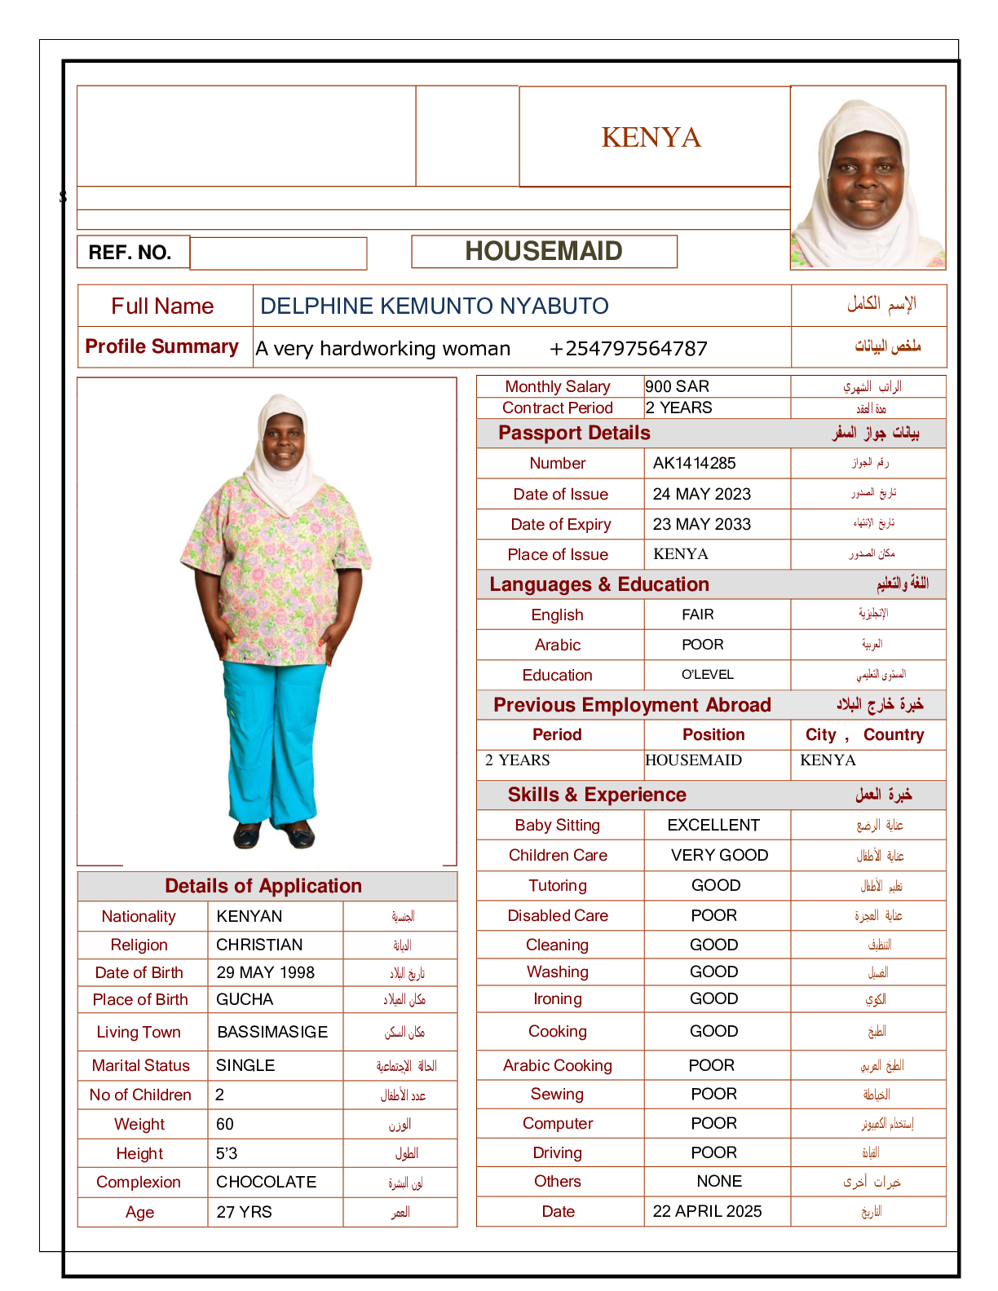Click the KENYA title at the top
coord(651,137)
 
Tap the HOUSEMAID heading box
coord(544,251)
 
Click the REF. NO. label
coord(130,253)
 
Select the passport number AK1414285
coord(695,463)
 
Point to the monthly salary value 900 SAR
coord(678,386)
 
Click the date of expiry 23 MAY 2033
coord(702,524)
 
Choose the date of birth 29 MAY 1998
coord(266,972)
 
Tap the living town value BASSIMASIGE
coord(272,1032)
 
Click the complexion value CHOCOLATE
coord(266,1182)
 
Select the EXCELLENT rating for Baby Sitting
coord(713,825)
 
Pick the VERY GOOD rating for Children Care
coord(719,855)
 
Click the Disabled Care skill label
coord(558,915)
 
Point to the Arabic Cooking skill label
coord(558,1065)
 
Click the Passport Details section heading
coord(575,433)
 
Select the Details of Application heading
coord(263,886)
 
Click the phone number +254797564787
coord(629,349)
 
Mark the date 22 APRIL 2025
coord(708,1211)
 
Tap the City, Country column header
coord(865,734)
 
